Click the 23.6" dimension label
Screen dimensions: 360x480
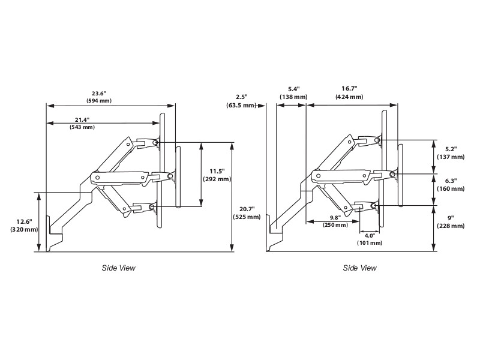[x=99, y=93]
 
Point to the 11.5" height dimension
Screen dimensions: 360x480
[x=216, y=172]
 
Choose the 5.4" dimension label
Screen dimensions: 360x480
[x=294, y=89]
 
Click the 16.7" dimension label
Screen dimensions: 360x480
[x=349, y=89]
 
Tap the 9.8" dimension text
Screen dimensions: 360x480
[x=335, y=218]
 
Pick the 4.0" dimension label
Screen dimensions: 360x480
[x=370, y=236]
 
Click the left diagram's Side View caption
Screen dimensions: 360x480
[x=118, y=268]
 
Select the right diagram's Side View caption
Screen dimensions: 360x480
[x=360, y=268]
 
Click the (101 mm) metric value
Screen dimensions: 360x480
[x=370, y=243]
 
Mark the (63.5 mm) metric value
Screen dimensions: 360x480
[x=241, y=105]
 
